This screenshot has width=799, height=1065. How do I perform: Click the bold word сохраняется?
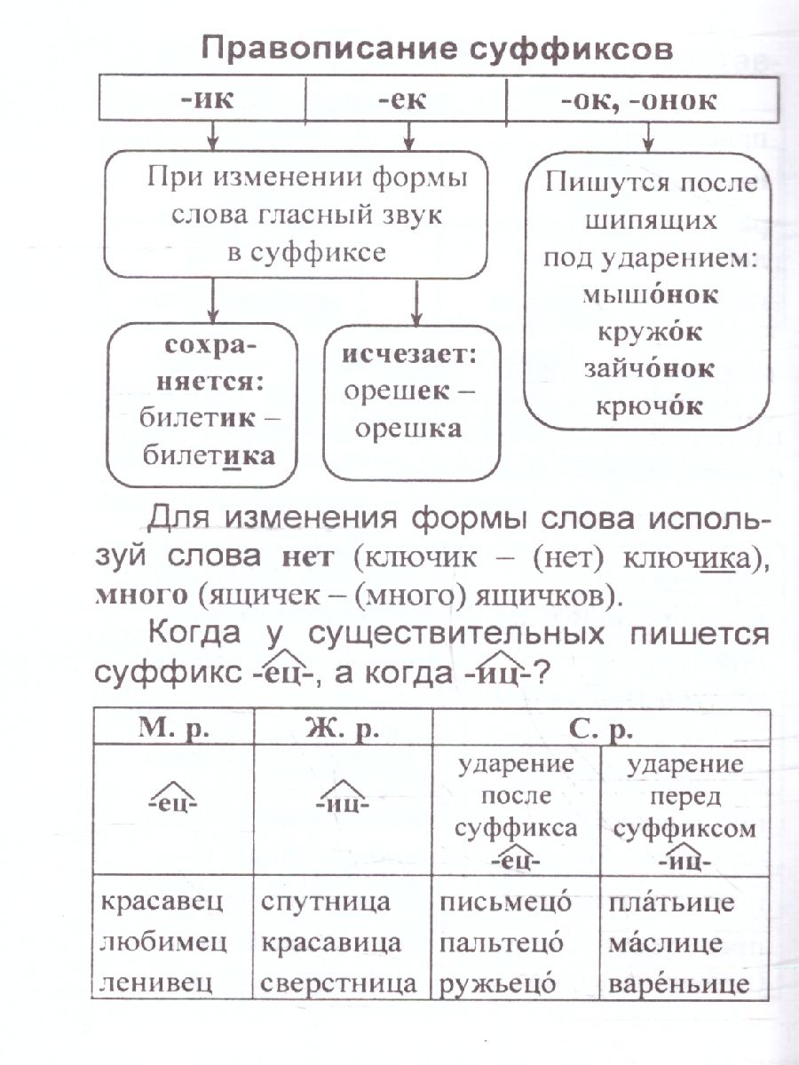203,364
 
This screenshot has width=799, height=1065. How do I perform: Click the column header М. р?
172,730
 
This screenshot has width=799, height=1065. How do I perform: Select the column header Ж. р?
342,730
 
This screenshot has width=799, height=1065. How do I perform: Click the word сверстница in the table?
339,982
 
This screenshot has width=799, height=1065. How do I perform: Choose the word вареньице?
678,982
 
